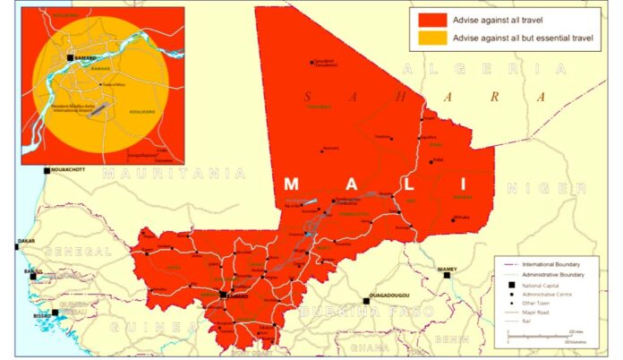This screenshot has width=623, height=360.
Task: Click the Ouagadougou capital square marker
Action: pos(365,301)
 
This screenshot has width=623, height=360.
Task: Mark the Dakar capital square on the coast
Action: pos(16,243)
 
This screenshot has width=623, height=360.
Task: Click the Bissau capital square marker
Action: pos(55,313)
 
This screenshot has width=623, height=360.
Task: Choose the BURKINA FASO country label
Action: pos(366,312)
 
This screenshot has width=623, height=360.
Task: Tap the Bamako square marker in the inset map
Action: pos(71,58)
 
